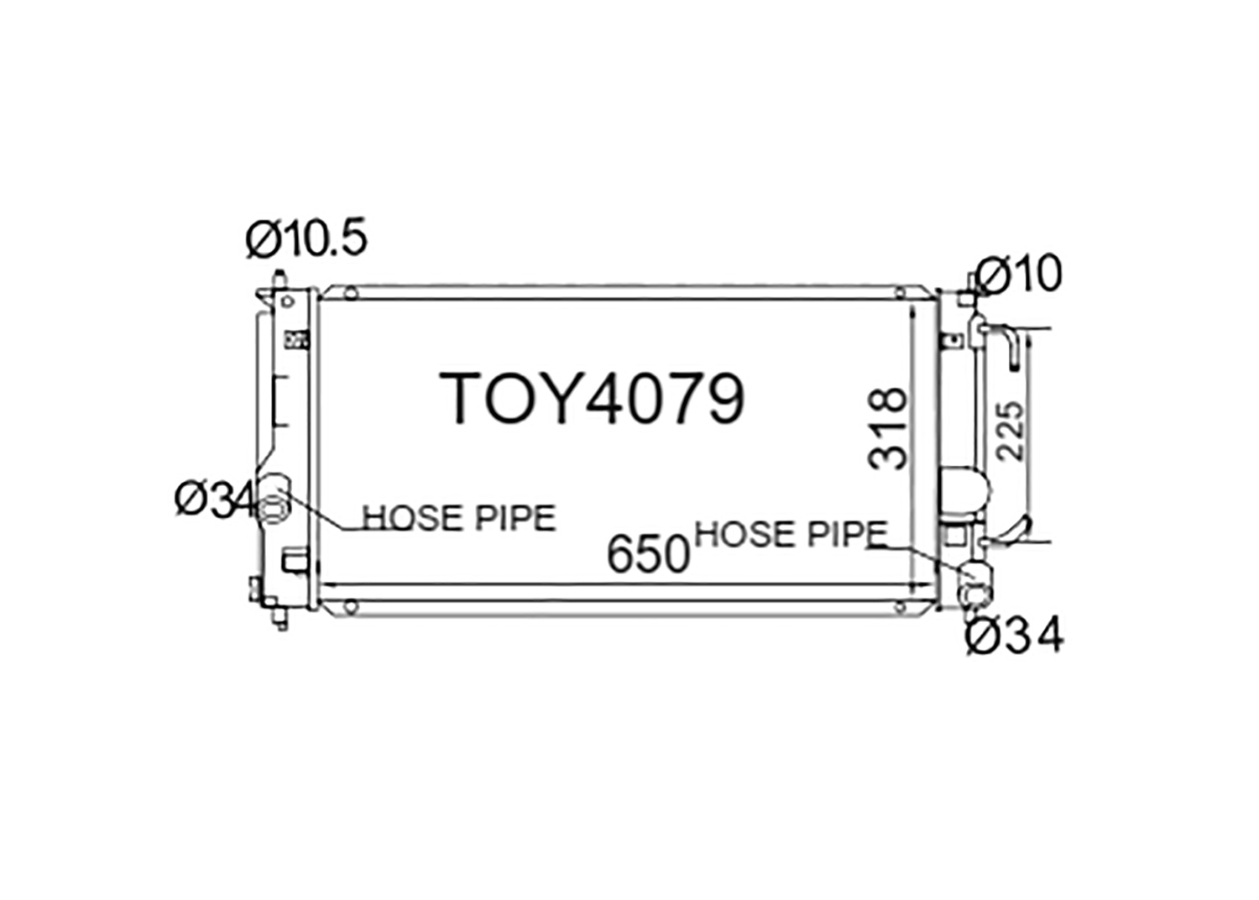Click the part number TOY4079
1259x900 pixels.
[x=593, y=399]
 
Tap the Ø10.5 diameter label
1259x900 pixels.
[x=307, y=238]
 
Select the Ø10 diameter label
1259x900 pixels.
[x=1018, y=275]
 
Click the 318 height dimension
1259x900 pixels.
[x=887, y=428]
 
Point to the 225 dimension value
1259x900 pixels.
[x=1010, y=431]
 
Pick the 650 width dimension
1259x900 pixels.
[x=648, y=554]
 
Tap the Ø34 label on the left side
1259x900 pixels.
[x=216, y=500]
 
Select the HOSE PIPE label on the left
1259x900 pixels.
[x=459, y=518]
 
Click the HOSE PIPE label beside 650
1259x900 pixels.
[x=791, y=534]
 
